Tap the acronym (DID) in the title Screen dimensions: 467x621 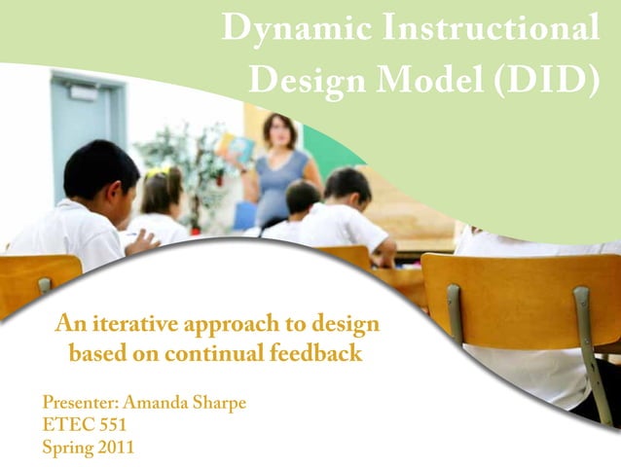click(x=546, y=79)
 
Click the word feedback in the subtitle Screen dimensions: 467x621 click(x=315, y=353)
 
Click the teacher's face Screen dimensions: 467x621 click(x=280, y=130)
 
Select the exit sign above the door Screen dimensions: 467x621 click(x=84, y=91)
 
